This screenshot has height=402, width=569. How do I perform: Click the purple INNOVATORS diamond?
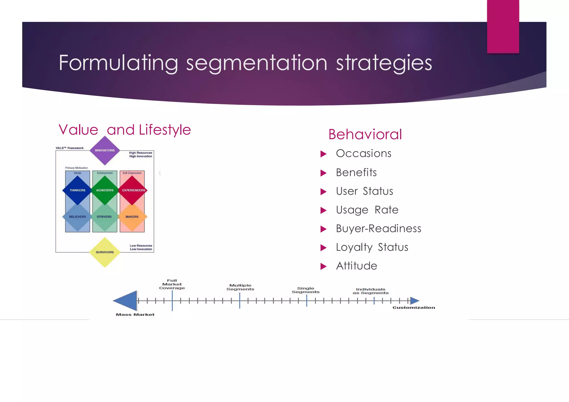point(105,150)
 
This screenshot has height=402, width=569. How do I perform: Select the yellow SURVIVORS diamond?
point(105,252)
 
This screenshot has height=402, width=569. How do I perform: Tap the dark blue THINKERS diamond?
point(78,190)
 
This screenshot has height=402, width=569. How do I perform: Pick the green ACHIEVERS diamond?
point(105,190)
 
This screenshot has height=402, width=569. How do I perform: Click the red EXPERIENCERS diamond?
point(133,190)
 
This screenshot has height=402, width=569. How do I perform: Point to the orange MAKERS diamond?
point(132,217)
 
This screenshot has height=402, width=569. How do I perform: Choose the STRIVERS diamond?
point(104,217)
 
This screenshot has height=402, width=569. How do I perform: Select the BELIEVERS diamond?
point(78,217)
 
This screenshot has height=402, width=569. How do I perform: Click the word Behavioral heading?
point(365,135)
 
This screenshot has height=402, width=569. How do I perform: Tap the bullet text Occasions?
point(363,153)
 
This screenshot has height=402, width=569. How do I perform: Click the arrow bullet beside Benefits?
point(323,173)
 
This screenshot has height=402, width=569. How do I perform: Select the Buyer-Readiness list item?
point(378,229)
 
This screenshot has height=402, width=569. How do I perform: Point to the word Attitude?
point(356,266)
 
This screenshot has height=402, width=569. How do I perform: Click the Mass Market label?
point(135,315)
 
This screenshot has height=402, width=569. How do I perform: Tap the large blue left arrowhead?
point(126,301)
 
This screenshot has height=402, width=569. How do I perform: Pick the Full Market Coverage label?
point(172,284)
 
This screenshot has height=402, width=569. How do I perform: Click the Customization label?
point(413,308)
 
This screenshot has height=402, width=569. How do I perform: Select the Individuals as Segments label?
point(371,291)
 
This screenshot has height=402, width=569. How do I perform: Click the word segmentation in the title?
point(257,63)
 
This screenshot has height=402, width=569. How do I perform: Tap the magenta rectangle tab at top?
point(503,26)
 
